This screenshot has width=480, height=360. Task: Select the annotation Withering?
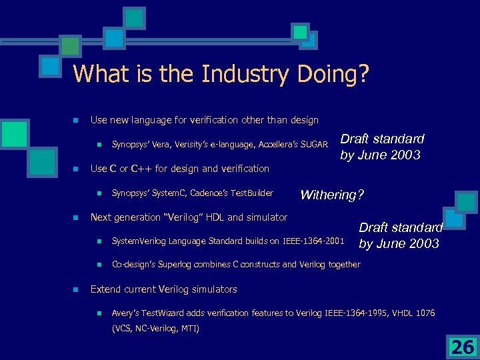(x=332, y=195)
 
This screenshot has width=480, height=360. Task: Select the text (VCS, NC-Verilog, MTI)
(x=155, y=328)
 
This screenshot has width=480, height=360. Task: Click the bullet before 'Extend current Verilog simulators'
(x=76, y=289)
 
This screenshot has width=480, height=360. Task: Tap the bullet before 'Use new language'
(x=76, y=121)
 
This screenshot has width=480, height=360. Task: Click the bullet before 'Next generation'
(x=76, y=217)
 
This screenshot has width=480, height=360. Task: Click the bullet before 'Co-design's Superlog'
(x=97, y=265)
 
